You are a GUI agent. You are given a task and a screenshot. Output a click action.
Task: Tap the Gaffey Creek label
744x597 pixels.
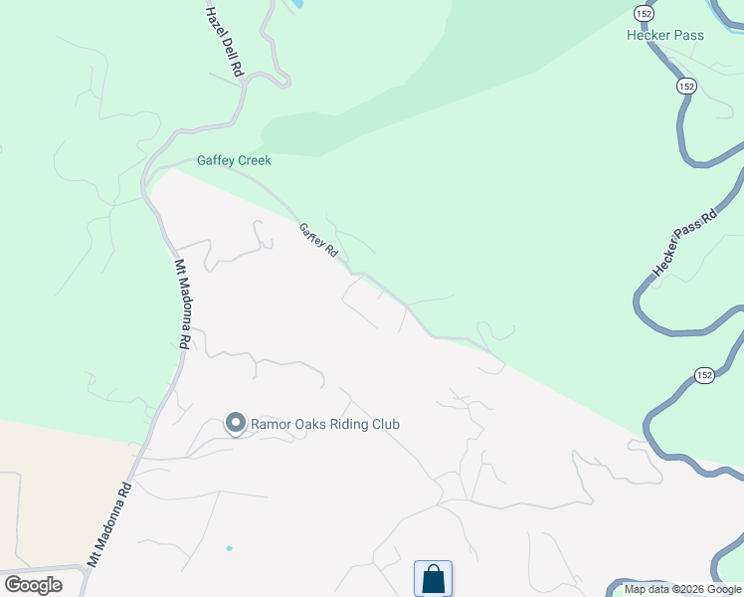point(234,160)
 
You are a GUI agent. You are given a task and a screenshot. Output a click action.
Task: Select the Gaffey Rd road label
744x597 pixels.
point(319,242)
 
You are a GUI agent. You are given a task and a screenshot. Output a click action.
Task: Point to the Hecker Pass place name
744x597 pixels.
point(665,35)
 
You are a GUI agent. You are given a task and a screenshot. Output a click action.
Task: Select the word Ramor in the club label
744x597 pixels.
point(271,425)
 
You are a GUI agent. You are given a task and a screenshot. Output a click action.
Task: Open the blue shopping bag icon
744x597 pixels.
point(433,578)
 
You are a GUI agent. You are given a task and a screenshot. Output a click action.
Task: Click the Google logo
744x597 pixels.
point(33,585)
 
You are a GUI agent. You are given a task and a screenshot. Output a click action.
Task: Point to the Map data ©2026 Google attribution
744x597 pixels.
point(682,590)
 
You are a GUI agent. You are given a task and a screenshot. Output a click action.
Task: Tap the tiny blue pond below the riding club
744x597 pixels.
point(229,548)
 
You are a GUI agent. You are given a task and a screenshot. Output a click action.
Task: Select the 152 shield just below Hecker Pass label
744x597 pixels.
point(686,87)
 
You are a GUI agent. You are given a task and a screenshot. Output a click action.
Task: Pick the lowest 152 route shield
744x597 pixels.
point(704,374)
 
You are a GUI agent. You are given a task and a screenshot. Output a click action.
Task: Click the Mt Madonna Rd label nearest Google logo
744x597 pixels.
point(109,524)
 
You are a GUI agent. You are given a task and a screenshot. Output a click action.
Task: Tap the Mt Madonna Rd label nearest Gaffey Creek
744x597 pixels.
point(182,303)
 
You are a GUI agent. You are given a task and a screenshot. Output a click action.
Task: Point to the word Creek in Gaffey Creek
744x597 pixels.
point(254,160)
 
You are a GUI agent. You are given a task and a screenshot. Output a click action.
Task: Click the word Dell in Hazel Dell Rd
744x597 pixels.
point(225,46)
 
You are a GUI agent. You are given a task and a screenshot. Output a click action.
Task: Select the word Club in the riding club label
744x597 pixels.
point(386,425)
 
